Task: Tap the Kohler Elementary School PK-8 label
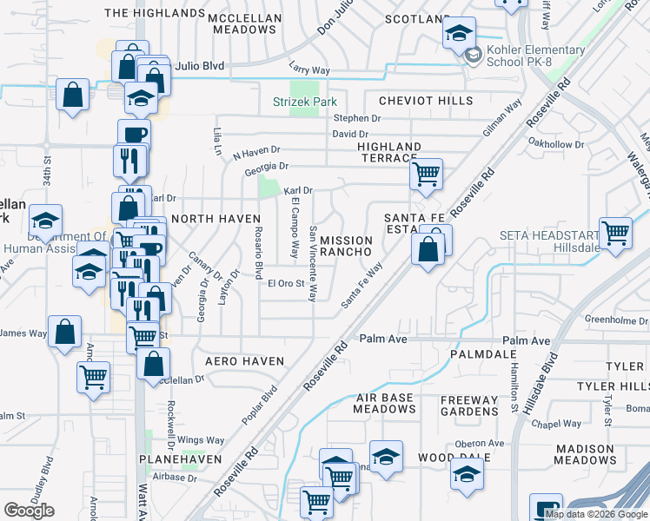[x=524, y=56]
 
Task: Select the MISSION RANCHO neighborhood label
[x=346, y=246]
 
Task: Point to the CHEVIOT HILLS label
[x=419, y=102]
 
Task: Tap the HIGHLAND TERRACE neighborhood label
[x=389, y=152]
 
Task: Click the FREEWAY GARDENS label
[x=469, y=406]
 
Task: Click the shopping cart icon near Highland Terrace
[x=426, y=174]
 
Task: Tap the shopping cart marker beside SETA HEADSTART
[x=615, y=232]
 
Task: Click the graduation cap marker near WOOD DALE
[x=467, y=474]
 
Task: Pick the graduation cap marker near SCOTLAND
[x=460, y=34]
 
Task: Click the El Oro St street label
[x=286, y=283]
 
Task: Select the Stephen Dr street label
[x=356, y=118]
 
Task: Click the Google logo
[x=29, y=511]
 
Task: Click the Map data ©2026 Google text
[x=596, y=514]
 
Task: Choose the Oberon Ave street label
[x=479, y=443]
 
